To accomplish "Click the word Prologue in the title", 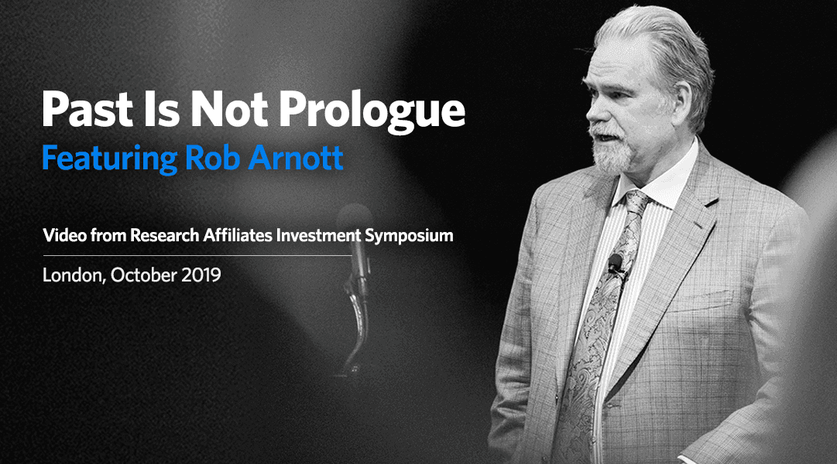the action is click(372, 111).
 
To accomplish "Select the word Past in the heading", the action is click(87, 109).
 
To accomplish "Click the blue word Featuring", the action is click(109, 159).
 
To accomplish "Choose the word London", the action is click(74, 275).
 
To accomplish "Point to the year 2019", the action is click(201, 275).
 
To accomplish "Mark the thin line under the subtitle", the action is click(197, 255).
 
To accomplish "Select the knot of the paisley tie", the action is click(636, 203).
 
